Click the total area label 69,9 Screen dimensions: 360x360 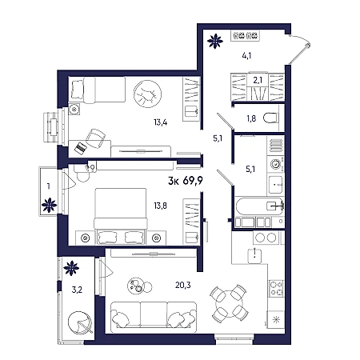[x=193, y=181]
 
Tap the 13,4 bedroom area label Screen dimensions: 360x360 [x=160, y=122]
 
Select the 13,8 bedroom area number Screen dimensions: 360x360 [x=160, y=206]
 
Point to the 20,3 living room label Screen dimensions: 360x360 [x=183, y=285]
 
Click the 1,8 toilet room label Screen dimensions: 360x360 [x=251, y=118]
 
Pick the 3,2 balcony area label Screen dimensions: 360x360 [x=77, y=290]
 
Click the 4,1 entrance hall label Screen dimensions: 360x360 [x=246, y=56]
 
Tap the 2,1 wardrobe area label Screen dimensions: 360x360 [x=258, y=80]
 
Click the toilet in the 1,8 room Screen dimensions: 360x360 [x=271, y=118]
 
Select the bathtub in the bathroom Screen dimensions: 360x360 [x=259, y=206]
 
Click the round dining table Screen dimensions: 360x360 [x=230, y=302]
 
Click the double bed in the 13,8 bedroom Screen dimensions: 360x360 [x=121, y=216]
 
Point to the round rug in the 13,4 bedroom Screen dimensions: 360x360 [x=147, y=94]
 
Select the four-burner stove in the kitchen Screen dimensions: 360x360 [x=276, y=288]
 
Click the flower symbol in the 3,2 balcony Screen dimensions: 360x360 [x=71, y=268]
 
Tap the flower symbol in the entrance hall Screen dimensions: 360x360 [x=215, y=41]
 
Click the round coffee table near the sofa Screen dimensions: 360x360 [x=137, y=286]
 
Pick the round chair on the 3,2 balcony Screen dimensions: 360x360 [x=80, y=323]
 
